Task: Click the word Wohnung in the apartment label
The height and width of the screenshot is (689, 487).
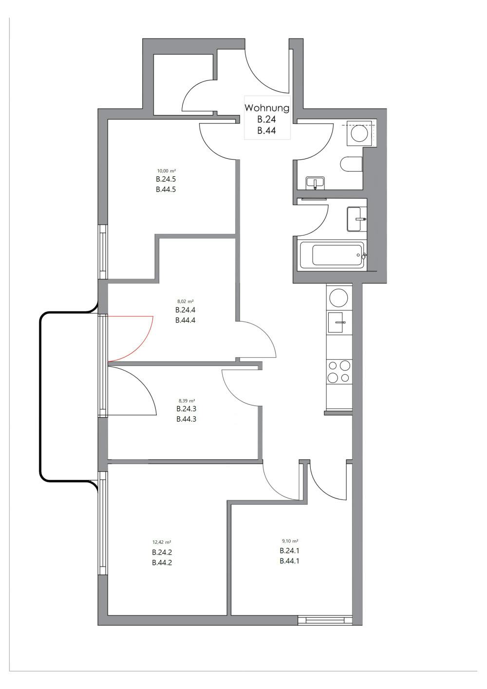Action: coord(267,108)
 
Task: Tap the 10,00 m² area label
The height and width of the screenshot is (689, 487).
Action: coord(166,171)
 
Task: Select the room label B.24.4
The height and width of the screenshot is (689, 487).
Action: coord(185,310)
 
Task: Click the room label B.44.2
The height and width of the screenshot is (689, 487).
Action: coord(162,562)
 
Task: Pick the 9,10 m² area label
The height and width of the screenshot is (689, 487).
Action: coord(290,541)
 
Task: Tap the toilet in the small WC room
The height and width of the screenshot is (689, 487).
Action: coord(352,164)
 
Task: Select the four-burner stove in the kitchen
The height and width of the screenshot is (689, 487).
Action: coord(339,371)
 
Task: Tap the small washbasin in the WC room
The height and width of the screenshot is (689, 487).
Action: coord(315,183)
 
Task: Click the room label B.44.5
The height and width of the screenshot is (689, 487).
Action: coord(166,190)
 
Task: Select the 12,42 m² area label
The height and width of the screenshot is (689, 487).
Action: coord(162,542)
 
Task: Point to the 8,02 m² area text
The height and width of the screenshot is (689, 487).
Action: coord(185,301)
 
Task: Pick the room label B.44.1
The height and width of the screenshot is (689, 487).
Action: coord(289,561)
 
